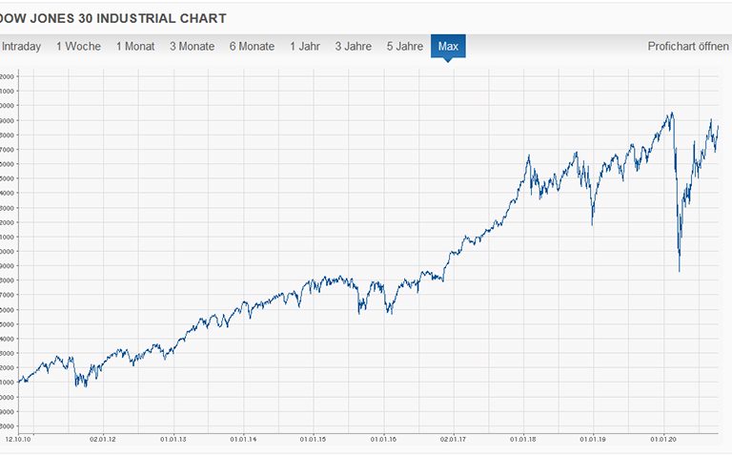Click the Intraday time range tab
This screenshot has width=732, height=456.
coord(21,46)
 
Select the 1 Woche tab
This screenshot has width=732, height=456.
coord(78,46)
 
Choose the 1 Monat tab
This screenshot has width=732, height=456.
coord(135,46)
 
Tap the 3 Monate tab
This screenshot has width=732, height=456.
coord(192,46)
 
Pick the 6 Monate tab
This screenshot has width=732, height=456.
coord(252,46)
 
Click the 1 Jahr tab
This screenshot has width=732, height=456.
coord(306,46)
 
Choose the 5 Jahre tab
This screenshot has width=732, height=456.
coord(405,46)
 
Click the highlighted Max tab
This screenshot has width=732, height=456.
coord(448,46)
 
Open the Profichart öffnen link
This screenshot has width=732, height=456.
coord(688,46)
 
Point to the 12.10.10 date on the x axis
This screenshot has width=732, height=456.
coord(18,440)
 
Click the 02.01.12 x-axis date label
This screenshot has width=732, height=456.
coord(103,440)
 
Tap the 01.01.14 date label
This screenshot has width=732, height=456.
coord(244,440)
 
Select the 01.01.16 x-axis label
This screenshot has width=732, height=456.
coord(384,440)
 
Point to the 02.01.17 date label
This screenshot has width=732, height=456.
coord(454,440)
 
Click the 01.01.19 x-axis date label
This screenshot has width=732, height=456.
coord(594,440)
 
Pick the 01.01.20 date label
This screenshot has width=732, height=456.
coord(663,440)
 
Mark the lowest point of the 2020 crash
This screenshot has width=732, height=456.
coord(680,272)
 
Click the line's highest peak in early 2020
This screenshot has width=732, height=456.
coord(671,113)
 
